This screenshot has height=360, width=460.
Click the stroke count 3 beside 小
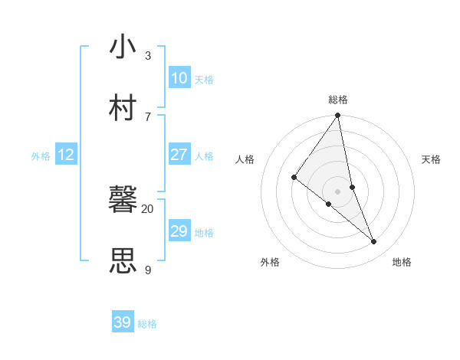(x=147, y=55)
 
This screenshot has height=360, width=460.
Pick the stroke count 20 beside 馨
(x=147, y=208)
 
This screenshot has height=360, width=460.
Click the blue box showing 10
(x=179, y=78)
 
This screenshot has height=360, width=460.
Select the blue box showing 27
(x=179, y=155)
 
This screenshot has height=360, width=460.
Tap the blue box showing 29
(x=179, y=231)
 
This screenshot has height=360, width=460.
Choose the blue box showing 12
(x=65, y=155)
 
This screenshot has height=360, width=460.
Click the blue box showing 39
(x=122, y=322)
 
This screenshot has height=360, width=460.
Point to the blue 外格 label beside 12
(x=41, y=155)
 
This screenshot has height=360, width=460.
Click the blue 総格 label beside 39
(x=147, y=324)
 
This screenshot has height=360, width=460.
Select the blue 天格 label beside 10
(x=204, y=79)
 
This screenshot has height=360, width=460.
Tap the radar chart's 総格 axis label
(x=338, y=100)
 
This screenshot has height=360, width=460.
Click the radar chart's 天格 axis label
(x=431, y=159)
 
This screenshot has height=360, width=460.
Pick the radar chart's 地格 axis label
(x=402, y=262)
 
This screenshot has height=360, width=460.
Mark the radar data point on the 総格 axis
(x=338, y=116)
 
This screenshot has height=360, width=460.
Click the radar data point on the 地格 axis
(x=374, y=241)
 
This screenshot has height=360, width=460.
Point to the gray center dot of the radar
(x=338, y=191)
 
